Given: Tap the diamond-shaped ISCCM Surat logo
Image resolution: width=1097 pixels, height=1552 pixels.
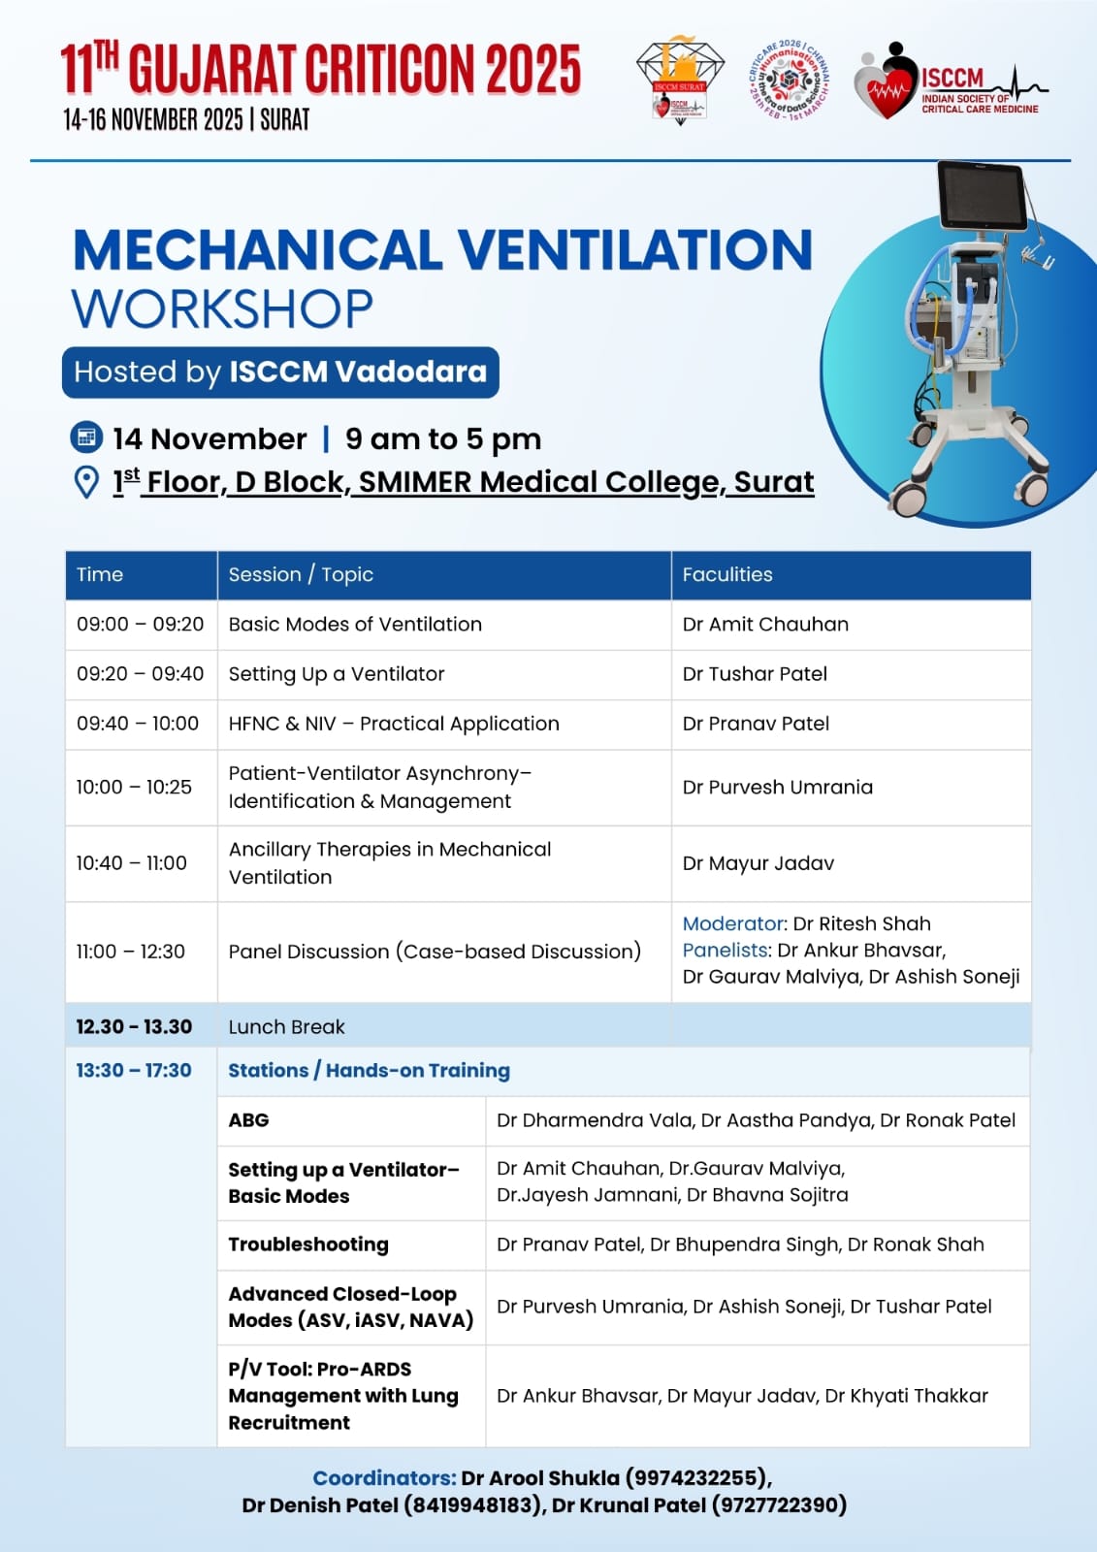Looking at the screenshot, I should (x=680, y=81).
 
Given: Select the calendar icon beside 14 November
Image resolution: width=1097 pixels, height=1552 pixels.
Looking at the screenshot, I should (x=86, y=438).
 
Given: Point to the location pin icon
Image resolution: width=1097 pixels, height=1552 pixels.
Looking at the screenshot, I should (x=86, y=482).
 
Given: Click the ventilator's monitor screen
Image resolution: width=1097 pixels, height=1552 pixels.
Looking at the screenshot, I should (x=982, y=197).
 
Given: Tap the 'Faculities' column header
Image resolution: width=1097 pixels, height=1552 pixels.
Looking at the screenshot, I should (x=727, y=574).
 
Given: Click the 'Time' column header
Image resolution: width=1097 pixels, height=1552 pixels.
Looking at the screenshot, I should (x=100, y=574).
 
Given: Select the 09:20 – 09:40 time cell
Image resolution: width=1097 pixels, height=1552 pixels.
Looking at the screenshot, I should (x=140, y=674).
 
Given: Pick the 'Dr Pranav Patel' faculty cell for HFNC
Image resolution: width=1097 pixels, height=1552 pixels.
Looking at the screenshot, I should (x=756, y=724).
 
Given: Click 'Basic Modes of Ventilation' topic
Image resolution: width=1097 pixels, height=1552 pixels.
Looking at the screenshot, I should (x=355, y=625).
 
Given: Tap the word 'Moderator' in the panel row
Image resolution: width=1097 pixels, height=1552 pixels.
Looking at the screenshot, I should (x=733, y=923).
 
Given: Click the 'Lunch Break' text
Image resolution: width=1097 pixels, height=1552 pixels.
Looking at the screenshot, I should (x=286, y=1027).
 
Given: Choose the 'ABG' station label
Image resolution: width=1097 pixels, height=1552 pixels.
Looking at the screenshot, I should (x=248, y=1120).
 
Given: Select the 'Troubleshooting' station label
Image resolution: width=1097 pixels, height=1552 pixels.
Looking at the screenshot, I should (x=308, y=1245).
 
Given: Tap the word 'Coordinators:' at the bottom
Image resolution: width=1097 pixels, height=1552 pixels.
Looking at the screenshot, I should (x=384, y=1478).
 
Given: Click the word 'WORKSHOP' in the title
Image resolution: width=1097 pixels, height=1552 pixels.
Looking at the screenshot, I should (x=222, y=309).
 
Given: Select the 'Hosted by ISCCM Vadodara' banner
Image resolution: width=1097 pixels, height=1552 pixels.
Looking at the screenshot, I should (x=280, y=372).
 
